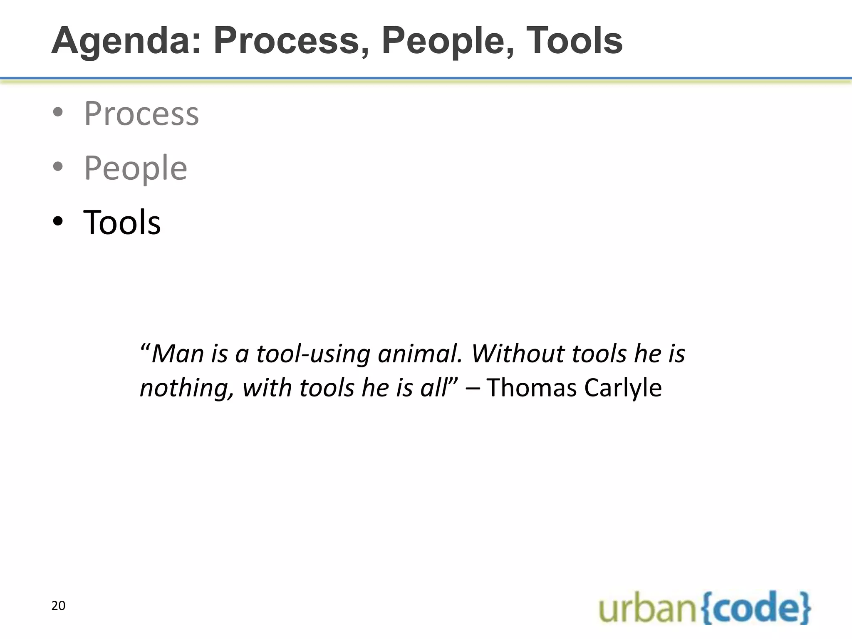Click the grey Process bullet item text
click(141, 114)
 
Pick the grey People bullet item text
click(136, 168)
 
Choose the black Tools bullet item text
click(122, 223)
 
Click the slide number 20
click(58, 606)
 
